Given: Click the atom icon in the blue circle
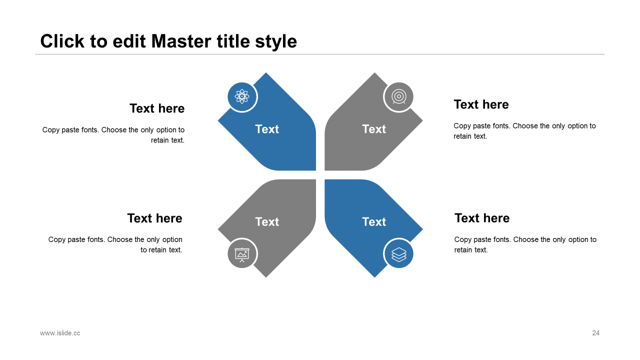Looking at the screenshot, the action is [242, 96].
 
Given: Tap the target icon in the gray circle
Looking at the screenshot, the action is [399, 96].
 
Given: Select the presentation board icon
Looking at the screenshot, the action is [242, 254].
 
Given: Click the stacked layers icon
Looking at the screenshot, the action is [399, 254].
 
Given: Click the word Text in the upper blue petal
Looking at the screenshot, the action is [267, 129].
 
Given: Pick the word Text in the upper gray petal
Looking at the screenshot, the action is [374, 129].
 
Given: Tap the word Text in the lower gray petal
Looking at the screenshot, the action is [267, 221].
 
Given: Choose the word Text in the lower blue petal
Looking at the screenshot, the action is [374, 221].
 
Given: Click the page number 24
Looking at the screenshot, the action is [595, 333].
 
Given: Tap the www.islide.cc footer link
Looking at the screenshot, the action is [60, 333].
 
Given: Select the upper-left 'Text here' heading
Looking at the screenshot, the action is [157, 108].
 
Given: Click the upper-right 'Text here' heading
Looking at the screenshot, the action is [481, 104].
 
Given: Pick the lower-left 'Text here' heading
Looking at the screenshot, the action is [155, 218].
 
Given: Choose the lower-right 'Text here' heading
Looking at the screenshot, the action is [482, 218].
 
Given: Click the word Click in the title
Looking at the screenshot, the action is [62, 41].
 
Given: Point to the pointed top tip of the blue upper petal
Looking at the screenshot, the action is [266, 73].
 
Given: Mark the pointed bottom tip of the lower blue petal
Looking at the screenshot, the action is [374, 277].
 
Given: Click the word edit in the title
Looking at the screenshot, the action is [129, 41].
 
